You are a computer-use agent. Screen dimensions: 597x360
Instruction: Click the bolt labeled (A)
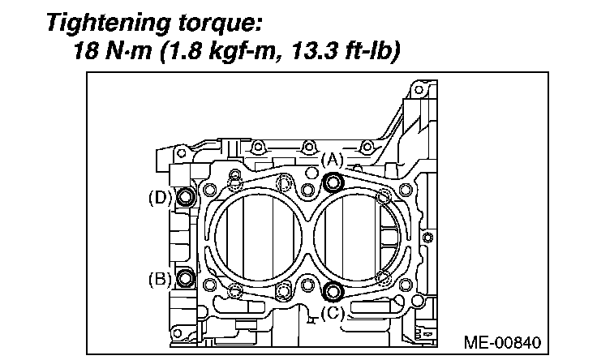pos(332,183)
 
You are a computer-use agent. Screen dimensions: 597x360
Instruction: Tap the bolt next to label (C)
pos(331,289)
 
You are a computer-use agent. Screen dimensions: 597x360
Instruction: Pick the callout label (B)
pos(160,280)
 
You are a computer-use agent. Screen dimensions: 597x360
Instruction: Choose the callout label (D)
pos(160,197)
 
